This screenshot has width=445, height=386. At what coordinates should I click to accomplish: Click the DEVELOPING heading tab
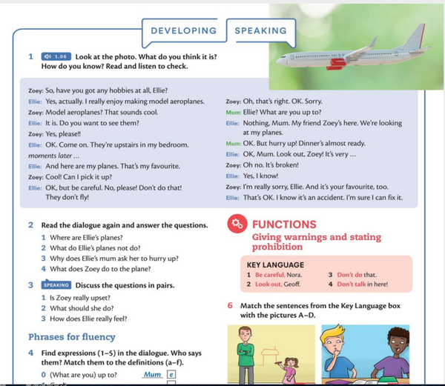pos(183,31)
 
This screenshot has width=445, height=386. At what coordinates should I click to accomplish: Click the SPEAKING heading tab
pos(260,31)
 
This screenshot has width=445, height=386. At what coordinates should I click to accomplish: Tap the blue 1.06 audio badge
pos(56,56)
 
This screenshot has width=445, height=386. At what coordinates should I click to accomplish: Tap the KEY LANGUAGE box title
pos(274,264)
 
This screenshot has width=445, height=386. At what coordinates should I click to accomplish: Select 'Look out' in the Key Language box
pos(268,284)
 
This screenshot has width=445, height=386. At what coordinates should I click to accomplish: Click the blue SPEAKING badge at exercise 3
pos(56,284)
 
